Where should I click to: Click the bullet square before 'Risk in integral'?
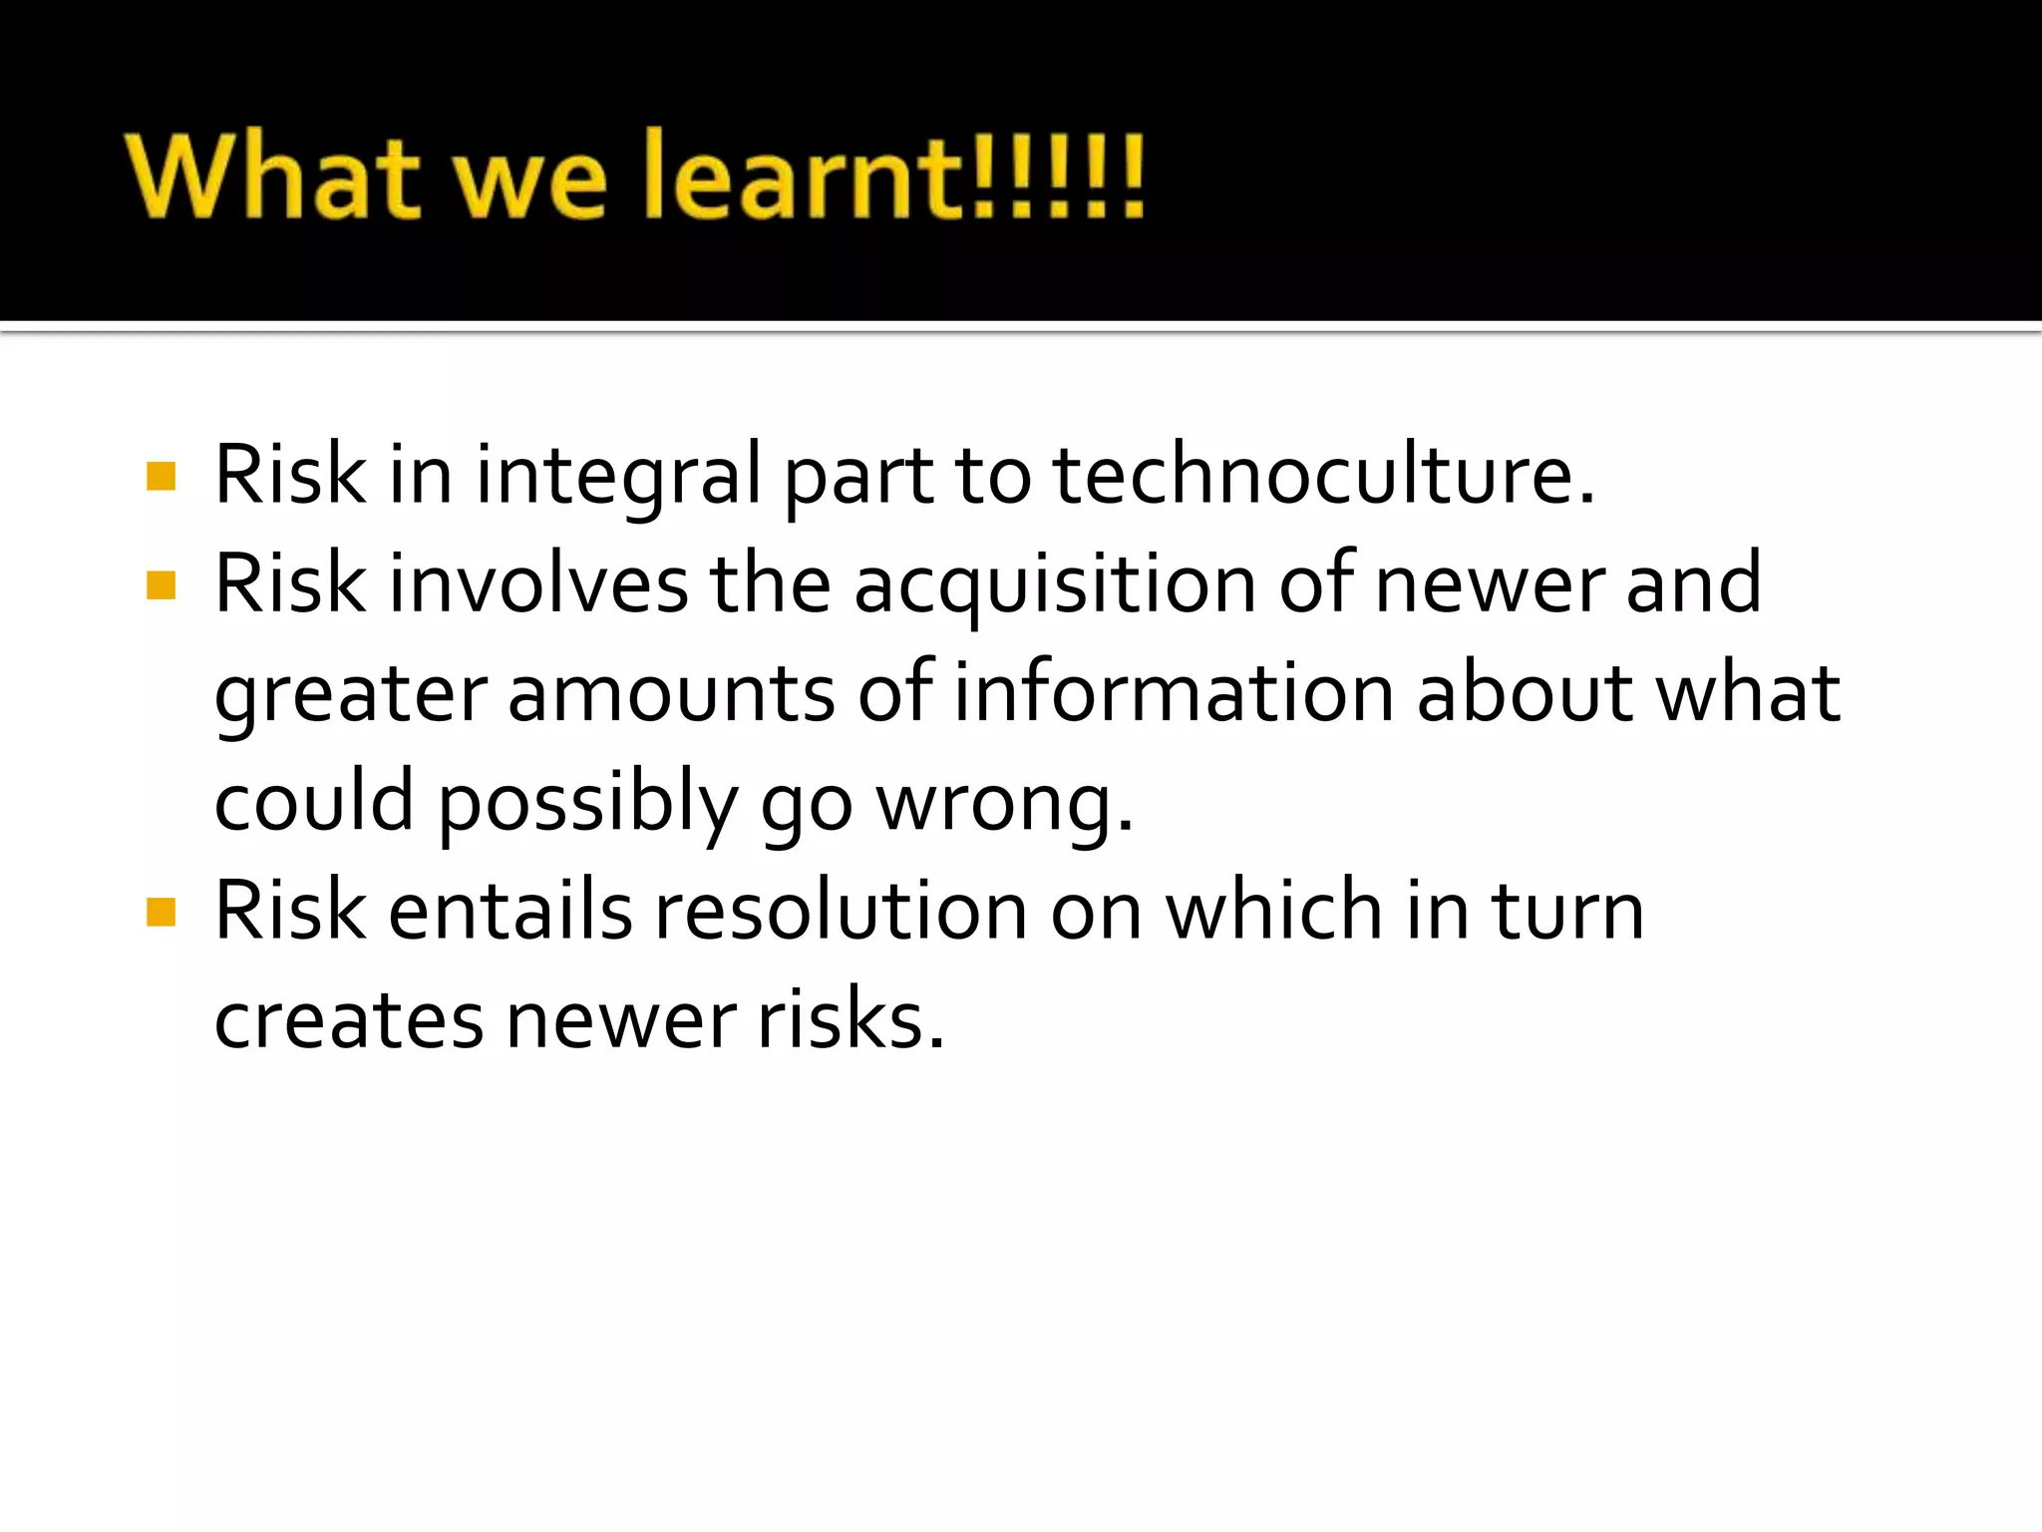tap(161, 476)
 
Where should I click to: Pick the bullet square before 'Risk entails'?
tap(161, 912)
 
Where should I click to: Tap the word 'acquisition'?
tap(1054, 586)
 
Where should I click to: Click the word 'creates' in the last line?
tap(348, 1021)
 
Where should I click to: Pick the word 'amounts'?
tap(671, 694)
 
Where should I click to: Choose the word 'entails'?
tap(510, 911)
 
